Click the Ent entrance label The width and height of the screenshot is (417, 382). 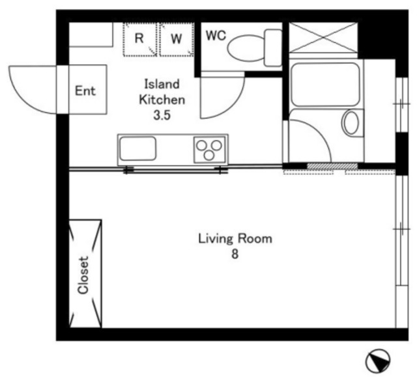click(85, 91)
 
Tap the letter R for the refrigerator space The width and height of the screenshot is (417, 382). click(139, 38)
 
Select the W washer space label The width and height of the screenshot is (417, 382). click(177, 39)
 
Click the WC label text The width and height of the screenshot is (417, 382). click(216, 36)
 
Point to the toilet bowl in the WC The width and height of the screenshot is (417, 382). click(246, 48)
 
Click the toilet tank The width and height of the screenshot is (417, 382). click(273, 48)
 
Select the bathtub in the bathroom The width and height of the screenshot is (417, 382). click(325, 85)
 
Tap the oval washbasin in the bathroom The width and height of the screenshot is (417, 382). click(351, 122)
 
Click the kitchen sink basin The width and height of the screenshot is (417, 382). click(137, 148)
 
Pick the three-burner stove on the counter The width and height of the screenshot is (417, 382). click(210, 150)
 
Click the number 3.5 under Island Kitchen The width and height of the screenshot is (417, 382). click(162, 115)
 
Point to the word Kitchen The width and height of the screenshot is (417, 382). click(162, 100)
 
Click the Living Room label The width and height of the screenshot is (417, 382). click(235, 239)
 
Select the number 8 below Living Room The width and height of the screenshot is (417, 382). click(235, 254)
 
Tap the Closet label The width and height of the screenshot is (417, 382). click(83, 275)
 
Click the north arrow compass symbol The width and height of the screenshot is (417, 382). click(377, 361)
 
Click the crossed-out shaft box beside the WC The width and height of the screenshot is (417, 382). click(323, 38)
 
